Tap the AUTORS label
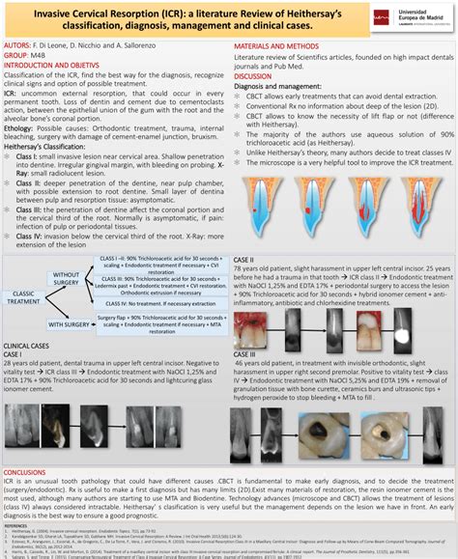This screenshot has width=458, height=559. point(18,44)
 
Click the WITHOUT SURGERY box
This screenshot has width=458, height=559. point(67,277)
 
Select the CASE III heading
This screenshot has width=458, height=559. point(245,355)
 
